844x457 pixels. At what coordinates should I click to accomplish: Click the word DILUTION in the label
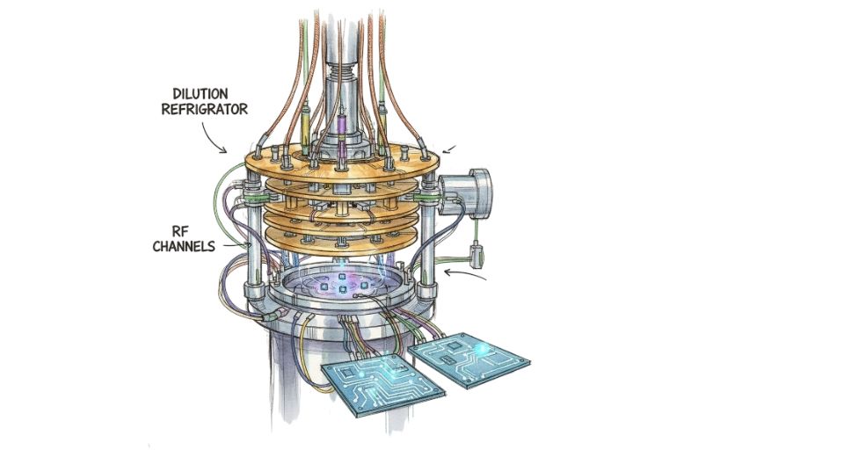[200, 94]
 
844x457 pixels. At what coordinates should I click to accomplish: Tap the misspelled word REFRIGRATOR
[205, 109]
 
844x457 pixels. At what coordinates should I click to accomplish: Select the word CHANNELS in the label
[184, 247]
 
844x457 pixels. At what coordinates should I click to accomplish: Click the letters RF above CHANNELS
[178, 231]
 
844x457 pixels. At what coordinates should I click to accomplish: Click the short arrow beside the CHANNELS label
[236, 245]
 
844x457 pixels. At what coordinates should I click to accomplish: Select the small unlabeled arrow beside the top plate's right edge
[449, 149]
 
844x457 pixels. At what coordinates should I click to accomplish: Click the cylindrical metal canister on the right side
[466, 192]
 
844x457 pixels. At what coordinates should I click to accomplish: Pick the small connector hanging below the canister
[476, 257]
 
